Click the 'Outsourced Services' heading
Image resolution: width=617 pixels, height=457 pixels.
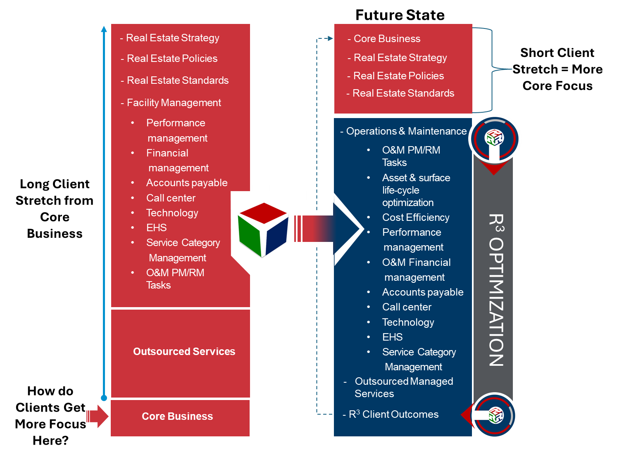[184, 351]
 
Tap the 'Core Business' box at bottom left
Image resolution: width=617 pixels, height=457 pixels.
[177, 416]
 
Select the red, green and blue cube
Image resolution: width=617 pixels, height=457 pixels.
[263, 230]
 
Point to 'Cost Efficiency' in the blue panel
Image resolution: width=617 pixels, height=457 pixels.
[415, 218]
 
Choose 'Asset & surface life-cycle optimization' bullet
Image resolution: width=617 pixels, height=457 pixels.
[416, 190]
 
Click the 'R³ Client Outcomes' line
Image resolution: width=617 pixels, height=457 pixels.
[393, 414]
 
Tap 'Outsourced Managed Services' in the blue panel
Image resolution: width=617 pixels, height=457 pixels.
[403, 387]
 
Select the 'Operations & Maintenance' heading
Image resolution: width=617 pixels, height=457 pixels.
[406, 131]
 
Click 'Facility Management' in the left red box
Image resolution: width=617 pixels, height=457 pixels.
[174, 103]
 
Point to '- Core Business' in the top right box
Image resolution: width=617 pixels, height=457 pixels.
[386, 39]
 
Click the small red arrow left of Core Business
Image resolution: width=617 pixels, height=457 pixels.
[97, 416]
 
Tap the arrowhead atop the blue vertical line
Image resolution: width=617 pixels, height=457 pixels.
[104, 29]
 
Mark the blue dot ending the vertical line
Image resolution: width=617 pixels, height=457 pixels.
[104, 398]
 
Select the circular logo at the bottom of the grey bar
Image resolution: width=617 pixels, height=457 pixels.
[494, 415]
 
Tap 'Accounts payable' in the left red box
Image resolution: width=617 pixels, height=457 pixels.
[186, 183]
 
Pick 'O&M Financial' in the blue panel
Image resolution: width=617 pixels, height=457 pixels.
[416, 263]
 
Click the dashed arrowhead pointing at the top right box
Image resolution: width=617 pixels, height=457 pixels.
[330, 38]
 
